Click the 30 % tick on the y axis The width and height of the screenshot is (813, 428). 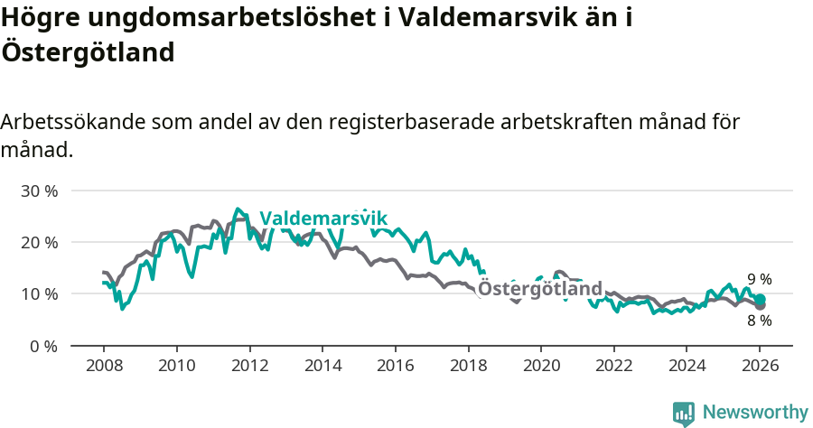tap(39, 191)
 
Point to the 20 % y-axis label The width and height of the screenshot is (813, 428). tap(39, 243)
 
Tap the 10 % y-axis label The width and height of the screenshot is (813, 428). tap(39, 294)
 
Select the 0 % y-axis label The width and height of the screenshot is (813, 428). tap(43, 346)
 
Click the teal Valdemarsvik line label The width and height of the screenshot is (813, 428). tap(323, 219)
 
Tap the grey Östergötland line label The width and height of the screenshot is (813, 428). tap(540, 289)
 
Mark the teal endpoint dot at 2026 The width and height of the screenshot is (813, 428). tap(760, 300)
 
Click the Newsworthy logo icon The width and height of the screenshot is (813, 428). tap(684, 414)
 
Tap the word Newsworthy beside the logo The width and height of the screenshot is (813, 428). tap(755, 413)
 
